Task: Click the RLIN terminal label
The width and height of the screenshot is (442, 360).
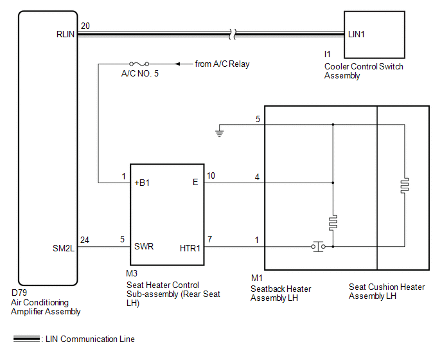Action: [x=66, y=35]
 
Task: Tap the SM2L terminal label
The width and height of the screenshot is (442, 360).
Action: [x=64, y=248]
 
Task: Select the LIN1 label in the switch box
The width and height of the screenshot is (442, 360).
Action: [x=357, y=35]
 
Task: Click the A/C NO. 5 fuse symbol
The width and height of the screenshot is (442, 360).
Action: [x=139, y=64]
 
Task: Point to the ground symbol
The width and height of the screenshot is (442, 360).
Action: [x=219, y=133]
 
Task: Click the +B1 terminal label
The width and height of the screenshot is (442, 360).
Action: [x=142, y=183]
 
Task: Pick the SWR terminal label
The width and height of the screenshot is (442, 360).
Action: [x=144, y=247]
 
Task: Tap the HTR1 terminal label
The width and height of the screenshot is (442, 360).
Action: [x=190, y=248]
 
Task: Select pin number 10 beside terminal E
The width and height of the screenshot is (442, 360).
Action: [x=211, y=175]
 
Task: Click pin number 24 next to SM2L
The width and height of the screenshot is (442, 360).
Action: [x=85, y=240]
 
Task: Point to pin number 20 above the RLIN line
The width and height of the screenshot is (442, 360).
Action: [x=85, y=26]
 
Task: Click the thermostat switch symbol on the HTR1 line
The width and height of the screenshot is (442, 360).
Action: [x=318, y=247]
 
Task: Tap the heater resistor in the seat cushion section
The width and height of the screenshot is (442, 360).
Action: [x=405, y=186]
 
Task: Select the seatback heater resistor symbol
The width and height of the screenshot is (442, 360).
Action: [x=333, y=223]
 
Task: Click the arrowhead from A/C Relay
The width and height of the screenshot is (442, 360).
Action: [x=177, y=64]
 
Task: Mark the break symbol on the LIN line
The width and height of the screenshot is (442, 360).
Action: [x=233, y=35]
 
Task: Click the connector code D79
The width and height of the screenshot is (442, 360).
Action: [x=19, y=292]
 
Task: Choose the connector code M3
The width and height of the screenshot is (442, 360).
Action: [x=132, y=273]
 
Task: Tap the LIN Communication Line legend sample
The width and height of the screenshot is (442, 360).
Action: [x=26, y=339]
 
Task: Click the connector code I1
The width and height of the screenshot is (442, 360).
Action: [x=327, y=54]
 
